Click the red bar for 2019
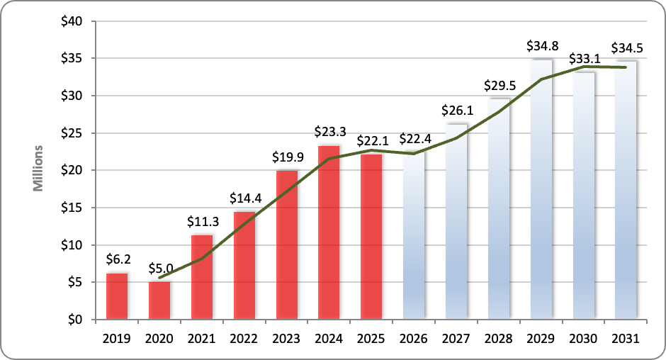(x=117, y=296)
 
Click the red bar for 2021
(x=202, y=277)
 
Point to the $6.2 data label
(x=117, y=261)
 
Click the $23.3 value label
(x=329, y=132)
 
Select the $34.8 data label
(x=541, y=46)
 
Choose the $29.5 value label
(x=499, y=85)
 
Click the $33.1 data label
(x=584, y=59)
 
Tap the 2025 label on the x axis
(x=371, y=338)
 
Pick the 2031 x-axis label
(x=626, y=338)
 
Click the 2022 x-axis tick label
(x=244, y=338)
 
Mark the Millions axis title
(x=39, y=170)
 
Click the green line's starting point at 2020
(x=159, y=278)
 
